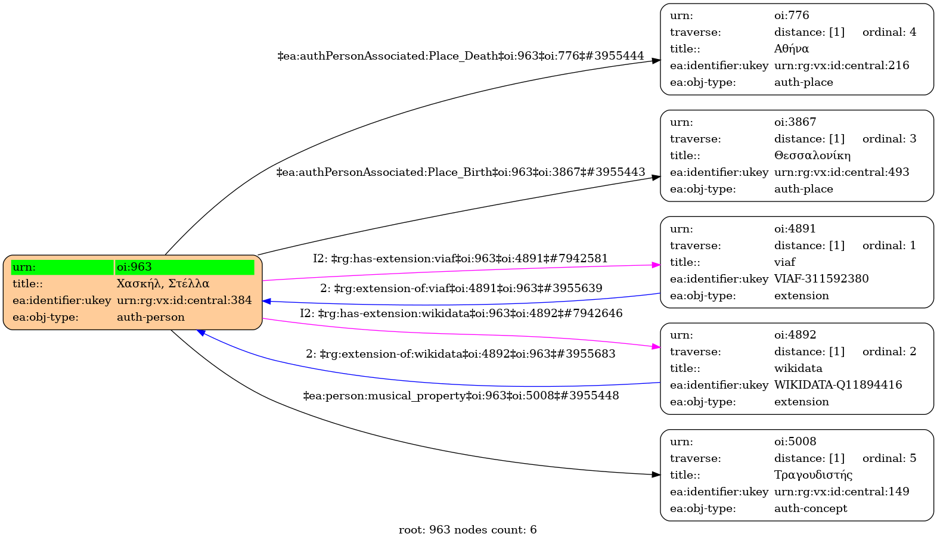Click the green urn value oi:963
click(x=134, y=267)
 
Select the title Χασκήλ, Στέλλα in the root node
click(x=163, y=284)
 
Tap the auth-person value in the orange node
click(x=151, y=317)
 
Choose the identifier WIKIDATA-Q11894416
click(x=838, y=385)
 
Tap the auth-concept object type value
click(x=811, y=508)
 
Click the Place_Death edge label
click(x=461, y=56)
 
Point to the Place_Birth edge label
click(x=461, y=172)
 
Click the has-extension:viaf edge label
click(x=460, y=259)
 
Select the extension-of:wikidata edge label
click(x=461, y=354)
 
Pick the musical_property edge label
click(x=461, y=396)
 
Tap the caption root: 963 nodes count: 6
click(x=468, y=530)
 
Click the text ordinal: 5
click(x=889, y=458)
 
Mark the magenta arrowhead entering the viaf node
click(x=656, y=265)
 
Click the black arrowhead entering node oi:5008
click(x=656, y=474)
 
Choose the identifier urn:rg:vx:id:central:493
click(x=842, y=172)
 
